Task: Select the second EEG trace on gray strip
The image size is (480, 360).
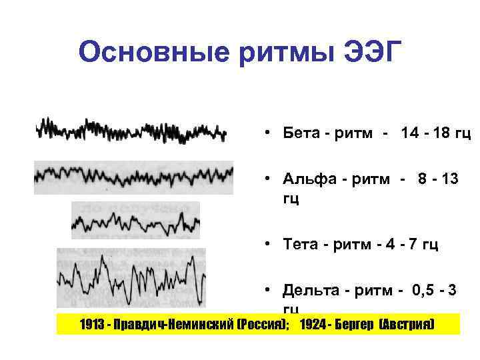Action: click(133, 177)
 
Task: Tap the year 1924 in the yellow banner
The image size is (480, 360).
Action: click(314, 325)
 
